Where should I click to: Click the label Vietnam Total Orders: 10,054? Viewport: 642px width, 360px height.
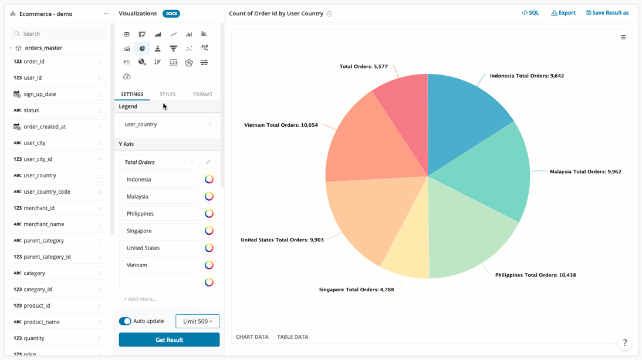(281, 125)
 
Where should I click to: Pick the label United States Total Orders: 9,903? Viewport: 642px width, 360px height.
(282, 240)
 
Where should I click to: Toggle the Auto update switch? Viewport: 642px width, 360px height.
(125, 321)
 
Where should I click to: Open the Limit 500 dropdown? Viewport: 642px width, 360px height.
(197, 321)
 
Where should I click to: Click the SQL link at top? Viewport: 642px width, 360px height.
(530, 13)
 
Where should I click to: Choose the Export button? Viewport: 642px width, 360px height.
(563, 13)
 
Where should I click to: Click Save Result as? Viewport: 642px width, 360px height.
(607, 13)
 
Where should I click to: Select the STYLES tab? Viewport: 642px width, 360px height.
(167, 94)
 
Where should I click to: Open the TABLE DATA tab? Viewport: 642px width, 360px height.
(292, 337)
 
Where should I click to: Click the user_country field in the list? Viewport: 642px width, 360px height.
(40, 176)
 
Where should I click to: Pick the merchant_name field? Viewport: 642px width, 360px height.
(44, 224)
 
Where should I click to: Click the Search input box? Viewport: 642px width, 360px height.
(59, 34)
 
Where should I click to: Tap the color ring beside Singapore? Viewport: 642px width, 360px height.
(209, 231)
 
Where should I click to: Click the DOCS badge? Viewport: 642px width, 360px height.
(171, 14)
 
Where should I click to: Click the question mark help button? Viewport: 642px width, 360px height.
(624, 343)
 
